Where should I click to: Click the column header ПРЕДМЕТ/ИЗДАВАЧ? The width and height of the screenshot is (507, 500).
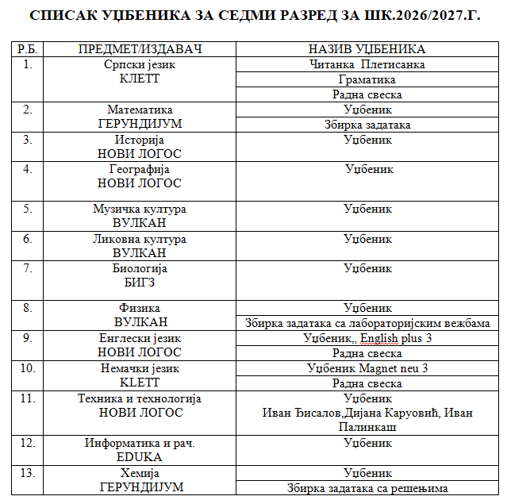140,49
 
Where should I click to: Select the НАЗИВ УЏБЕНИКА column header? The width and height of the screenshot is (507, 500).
367,49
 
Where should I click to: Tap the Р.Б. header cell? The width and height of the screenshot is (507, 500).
28,49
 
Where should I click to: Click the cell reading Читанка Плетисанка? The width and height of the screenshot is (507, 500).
367,64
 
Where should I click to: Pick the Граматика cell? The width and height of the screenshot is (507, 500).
367,79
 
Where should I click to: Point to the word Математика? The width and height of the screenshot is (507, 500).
140,110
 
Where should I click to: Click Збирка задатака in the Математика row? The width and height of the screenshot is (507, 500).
367,125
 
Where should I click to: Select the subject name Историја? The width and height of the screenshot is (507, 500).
140,140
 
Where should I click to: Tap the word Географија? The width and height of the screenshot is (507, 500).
140,169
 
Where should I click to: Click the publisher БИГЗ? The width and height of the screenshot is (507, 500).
140,283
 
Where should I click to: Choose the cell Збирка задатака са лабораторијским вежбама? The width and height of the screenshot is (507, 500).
367,323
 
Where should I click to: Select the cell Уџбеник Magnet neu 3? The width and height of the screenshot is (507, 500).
367,368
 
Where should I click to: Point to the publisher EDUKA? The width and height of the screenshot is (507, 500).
140,457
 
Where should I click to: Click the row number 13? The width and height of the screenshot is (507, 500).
28,472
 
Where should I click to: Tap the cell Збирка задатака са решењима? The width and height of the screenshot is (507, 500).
367,487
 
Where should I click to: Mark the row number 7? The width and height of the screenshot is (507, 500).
28,268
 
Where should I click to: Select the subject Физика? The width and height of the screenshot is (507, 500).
140,308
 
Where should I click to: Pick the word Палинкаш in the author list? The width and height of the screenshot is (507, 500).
367,427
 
